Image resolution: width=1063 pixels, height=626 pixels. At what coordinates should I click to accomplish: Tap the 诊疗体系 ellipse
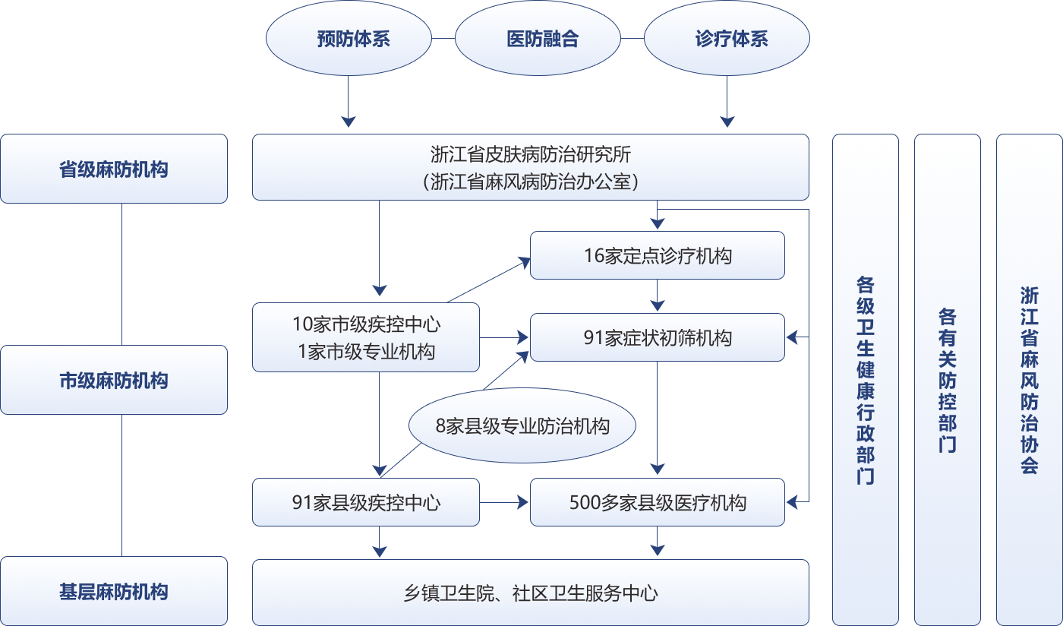[727, 39]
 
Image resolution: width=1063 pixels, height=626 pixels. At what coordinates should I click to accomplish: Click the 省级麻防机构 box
[114, 169]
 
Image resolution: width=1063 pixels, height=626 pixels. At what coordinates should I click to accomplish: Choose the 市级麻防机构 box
[114, 380]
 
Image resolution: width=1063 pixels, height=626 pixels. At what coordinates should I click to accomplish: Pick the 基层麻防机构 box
[114, 591]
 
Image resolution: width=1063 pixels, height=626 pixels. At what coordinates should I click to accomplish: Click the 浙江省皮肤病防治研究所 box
[530, 167]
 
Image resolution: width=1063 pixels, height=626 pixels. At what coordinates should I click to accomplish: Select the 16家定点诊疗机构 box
[657, 255]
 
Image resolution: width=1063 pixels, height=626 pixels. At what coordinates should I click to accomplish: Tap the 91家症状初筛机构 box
[657, 337]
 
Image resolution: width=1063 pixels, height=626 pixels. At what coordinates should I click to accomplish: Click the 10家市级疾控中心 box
[365, 337]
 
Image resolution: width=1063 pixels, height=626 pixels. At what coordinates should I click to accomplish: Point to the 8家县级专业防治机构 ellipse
[522, 426]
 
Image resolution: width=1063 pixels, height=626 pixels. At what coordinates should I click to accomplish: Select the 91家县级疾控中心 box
[365, 502]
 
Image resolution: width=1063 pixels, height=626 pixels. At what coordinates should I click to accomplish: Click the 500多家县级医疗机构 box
[657, 502]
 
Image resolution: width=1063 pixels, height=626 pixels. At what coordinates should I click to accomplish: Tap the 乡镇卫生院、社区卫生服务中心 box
[530, 592]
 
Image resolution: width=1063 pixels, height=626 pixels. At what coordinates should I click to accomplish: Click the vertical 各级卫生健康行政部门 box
[865, 380]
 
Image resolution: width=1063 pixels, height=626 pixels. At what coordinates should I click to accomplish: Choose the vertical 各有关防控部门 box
[947, 380]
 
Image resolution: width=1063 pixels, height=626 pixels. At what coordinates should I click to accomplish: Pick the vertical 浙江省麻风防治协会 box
[1029, 380]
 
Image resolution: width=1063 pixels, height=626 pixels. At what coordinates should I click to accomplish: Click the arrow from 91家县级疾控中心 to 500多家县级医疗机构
[504, 502]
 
